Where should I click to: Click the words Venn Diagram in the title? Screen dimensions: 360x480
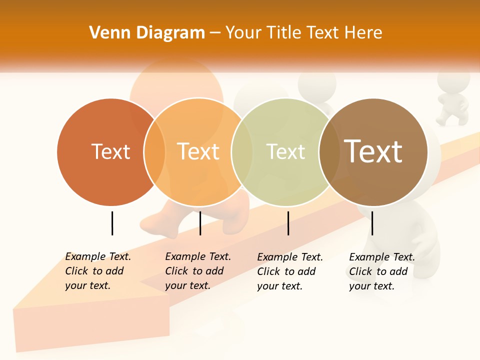pos(147,33)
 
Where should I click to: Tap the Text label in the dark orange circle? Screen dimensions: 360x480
pos(110,151)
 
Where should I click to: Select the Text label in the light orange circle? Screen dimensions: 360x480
pos(198,151)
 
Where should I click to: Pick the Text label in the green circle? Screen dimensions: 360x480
pos(285,151)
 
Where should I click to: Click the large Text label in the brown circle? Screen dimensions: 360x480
pos(373,151)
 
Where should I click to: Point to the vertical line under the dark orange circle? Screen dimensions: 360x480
pos(112,223)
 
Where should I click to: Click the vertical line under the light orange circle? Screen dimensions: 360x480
pos(200,223)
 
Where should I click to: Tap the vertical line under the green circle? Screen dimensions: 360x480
pos(288,223)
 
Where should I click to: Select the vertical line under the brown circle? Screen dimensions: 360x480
pos(372,223)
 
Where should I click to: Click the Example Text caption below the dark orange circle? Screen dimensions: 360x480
pos(97,271)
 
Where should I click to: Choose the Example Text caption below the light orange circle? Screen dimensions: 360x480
pos(197,271)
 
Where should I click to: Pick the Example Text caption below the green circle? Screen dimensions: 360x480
pos(289,271)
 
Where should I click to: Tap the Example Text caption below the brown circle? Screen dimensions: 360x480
pos(381,271)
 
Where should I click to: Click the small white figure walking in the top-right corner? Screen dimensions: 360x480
pos(452,100)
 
